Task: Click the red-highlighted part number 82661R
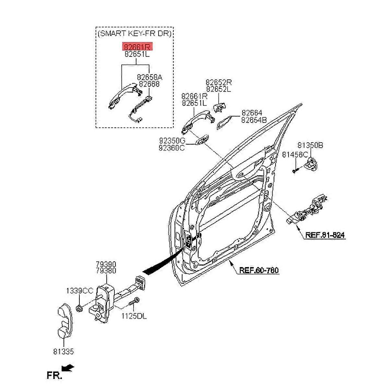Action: [x=136, y=47]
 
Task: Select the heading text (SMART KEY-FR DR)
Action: [x=135, y=33]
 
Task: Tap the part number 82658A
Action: [x=149, y=77]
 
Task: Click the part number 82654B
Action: [x=254, y=120]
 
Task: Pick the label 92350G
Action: [x=172, y=141]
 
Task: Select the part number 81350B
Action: [x=310, y=145]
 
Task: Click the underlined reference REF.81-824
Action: [x=324, y=235]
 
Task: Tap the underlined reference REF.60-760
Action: [x=259, y=270]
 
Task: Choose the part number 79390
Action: [x=106, y=265]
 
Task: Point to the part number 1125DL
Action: [x=134, y=316]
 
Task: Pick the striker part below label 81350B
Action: [x=312, y=164]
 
